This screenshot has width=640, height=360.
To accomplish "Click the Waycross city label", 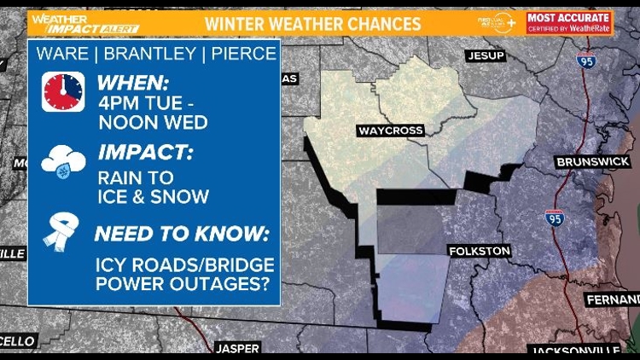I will pos(390,131).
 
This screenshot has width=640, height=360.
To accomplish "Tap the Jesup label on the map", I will pos(486,56).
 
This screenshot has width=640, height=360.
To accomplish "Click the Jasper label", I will pos(237,348).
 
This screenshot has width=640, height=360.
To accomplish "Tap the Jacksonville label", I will pos(575,351).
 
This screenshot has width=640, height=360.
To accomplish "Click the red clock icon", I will pos(63,92).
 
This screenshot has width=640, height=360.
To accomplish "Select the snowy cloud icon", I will pos(63,162).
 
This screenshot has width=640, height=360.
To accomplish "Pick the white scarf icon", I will pos(63,232).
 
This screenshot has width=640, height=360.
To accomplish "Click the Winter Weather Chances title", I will pos(313,23).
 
